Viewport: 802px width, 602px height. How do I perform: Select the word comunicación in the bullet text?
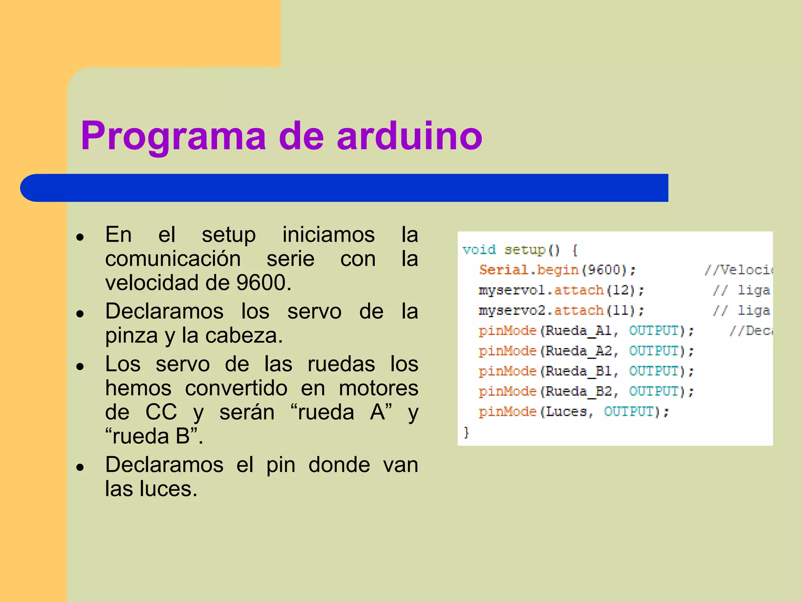[173, 259]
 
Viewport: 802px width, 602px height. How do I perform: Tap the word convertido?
[236, 388]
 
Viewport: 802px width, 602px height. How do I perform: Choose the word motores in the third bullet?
[378, 388]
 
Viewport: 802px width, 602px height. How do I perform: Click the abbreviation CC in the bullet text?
[161, 412]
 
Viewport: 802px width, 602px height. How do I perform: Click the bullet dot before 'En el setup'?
[81, 237]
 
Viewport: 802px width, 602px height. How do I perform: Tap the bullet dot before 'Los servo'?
[81, 366]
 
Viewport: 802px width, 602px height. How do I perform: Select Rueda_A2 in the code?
[578, 351]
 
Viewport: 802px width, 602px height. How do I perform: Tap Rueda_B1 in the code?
[578, 371]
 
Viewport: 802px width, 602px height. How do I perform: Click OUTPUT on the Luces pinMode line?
[629, 412]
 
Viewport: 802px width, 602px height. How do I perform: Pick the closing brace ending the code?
[466, 432]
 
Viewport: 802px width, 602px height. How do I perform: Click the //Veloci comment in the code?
[738, 270]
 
